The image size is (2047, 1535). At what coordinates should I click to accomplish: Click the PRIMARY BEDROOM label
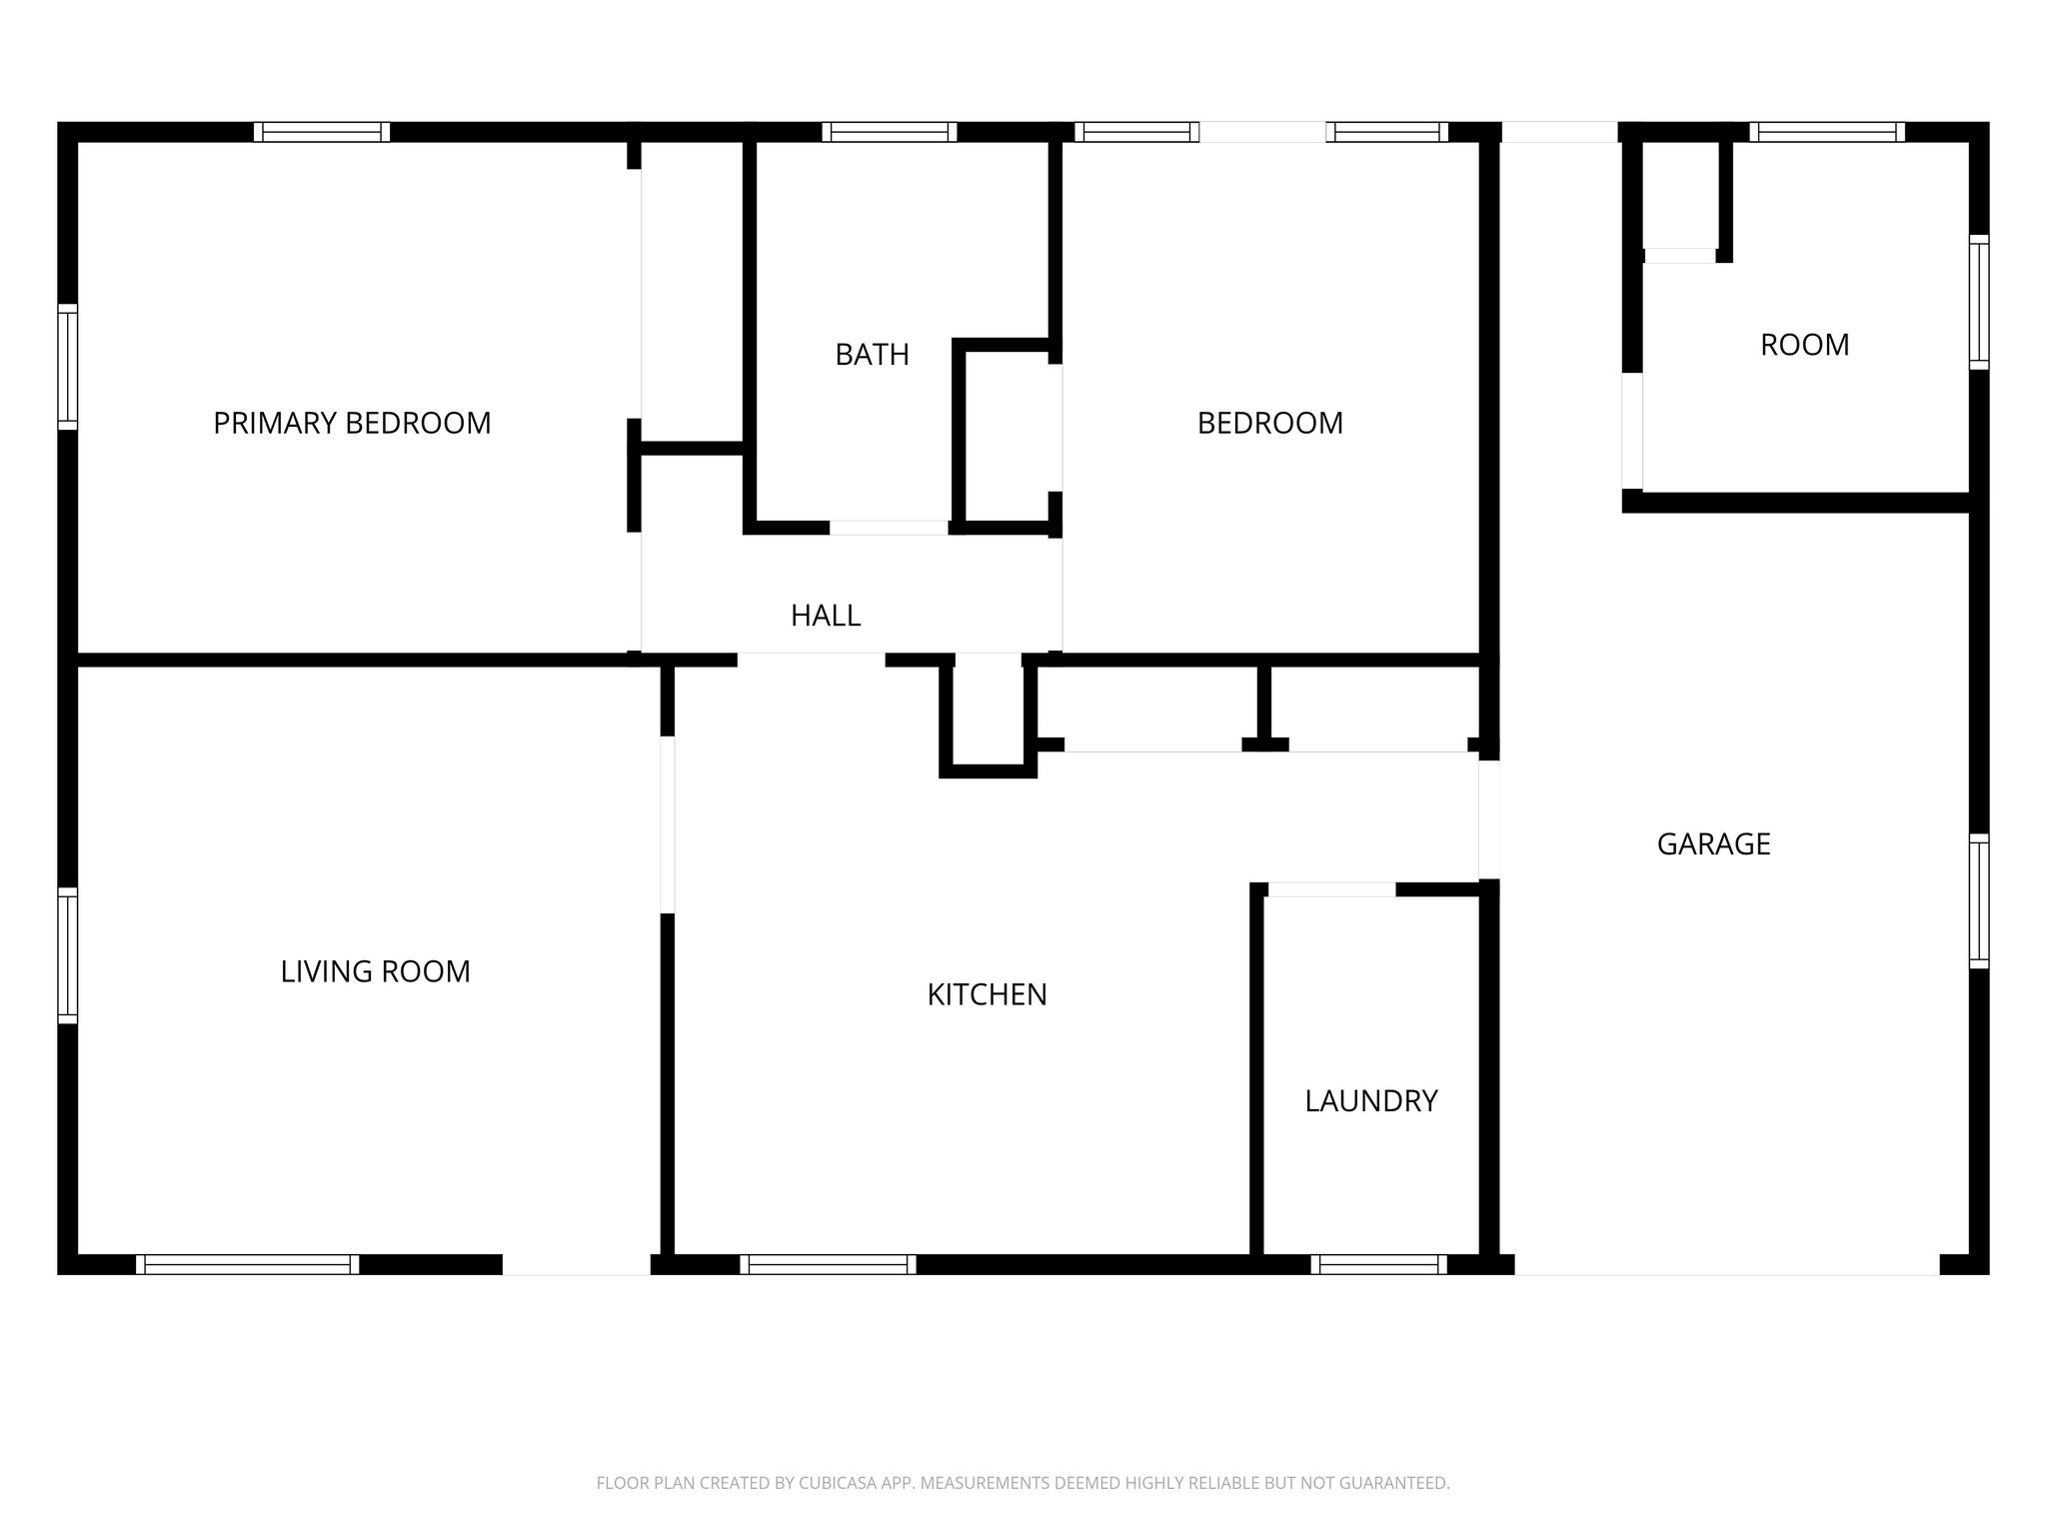click(x=352, y=423)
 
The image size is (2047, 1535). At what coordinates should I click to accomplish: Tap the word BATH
click(x=872, y=355)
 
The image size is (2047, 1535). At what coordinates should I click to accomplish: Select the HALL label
click(x=826, y=616)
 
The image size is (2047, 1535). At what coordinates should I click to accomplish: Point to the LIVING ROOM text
click(x=375, y=971)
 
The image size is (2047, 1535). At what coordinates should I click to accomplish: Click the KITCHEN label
click(x=987, y=994)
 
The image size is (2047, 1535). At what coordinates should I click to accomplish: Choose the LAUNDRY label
click(x=1370, y=1101)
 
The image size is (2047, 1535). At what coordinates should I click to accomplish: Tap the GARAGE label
click(x=1713, y=844)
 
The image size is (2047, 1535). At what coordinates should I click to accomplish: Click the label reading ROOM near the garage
click(x=1804, y=345)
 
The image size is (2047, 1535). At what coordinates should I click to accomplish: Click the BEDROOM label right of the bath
click(x=1269, y=423)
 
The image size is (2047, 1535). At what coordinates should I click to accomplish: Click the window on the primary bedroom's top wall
click(x=321, y=132)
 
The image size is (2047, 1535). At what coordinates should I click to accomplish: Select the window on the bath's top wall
click(x=889, y=132)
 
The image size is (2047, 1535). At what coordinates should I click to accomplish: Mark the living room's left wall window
click(x=67, y=955)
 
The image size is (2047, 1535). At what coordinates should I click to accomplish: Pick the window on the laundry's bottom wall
click(x=1378, y=1264)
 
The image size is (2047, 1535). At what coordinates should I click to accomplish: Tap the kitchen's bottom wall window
click(x=828, y=1264)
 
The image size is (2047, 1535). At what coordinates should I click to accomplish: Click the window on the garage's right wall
click(x=1978, y=900)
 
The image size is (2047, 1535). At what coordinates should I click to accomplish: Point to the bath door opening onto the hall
click(x=889, y=528)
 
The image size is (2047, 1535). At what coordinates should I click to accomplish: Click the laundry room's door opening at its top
click(x=1331, y=889)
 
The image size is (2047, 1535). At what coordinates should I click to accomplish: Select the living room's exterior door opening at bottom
click(x=576, y=1265)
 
